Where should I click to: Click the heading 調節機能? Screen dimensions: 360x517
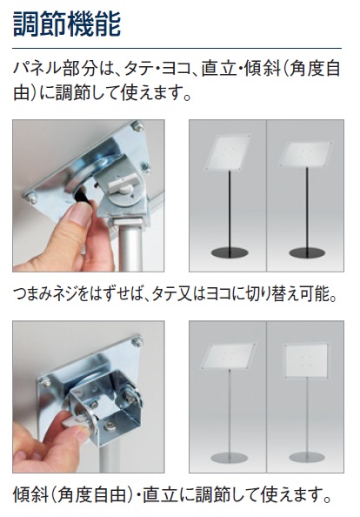[67, 23]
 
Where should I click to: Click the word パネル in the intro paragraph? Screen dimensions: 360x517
[37, 70]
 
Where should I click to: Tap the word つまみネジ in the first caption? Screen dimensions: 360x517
[46, 294]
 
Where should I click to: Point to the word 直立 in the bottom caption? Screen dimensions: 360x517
[159, 495]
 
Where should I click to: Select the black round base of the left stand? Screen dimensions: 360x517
[230, 253]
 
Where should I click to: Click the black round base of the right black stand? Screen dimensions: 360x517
[307, 253]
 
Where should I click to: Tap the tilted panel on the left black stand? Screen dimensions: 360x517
[227, 151]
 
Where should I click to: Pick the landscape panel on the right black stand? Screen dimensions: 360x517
[305, 154]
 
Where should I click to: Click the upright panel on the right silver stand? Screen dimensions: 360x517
[306, 361]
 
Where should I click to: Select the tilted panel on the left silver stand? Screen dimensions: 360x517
[228, 357]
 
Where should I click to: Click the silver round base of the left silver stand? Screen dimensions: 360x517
[229, 458]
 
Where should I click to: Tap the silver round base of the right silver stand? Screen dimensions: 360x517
[307, 458]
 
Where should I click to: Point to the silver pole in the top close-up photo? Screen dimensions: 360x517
[130, 247]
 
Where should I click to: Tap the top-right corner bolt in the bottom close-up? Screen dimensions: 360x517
[137, 341]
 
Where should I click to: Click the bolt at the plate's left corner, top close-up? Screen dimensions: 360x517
[30, 198]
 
